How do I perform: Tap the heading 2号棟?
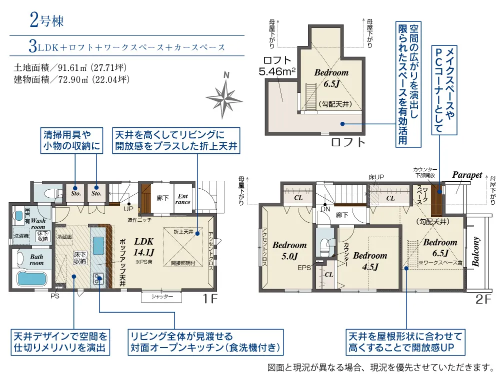[46, 21]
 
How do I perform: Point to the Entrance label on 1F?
[183, 199]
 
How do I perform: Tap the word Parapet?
[467, 175]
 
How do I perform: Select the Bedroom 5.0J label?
[289, 251]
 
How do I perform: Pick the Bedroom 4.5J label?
[370, 261]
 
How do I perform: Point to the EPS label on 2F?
[304, 268]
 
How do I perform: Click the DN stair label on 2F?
[325, 210]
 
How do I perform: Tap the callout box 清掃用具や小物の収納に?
[72, 140]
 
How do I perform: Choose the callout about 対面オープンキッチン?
[203, 342]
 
